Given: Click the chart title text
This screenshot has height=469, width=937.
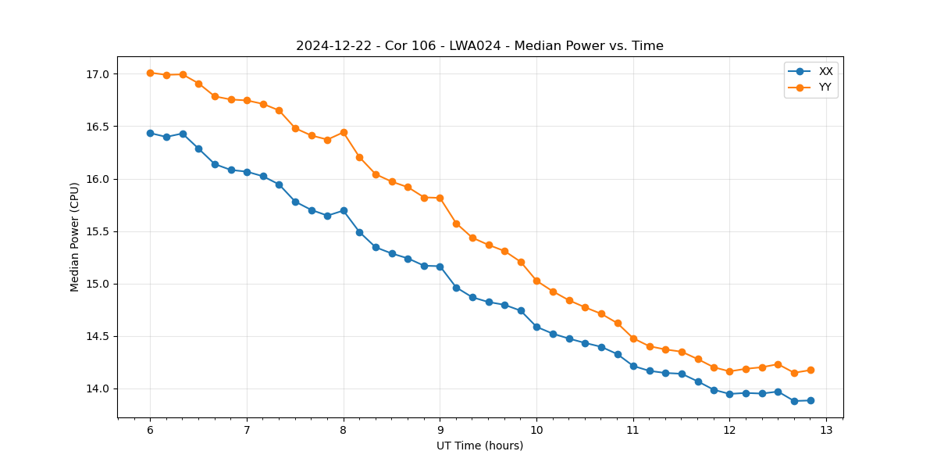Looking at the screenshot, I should [479, 46].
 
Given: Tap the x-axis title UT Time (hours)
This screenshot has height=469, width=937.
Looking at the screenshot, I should [479, 446].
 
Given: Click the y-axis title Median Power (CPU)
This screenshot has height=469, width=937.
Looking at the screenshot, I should [75, 237].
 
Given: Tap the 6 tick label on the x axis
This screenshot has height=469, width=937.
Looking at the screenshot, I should [150, 430].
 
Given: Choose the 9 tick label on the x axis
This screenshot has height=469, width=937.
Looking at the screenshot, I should [440, 430].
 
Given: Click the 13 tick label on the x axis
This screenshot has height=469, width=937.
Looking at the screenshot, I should [826, 430].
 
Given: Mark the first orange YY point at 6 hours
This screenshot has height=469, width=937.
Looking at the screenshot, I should [150, 73].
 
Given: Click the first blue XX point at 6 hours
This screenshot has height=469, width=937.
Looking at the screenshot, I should [150, 133].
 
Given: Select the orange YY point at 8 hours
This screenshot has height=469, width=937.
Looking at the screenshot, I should [344, 132].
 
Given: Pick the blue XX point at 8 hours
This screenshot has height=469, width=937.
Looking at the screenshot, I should [344, 210].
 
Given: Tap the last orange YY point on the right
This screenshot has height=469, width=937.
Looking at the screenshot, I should [811, 370].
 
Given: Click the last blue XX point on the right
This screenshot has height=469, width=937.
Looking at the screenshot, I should [811, 400].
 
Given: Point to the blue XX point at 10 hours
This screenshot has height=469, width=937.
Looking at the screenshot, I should [536, 327].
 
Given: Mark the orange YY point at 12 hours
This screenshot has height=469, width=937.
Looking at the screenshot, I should [729, 371].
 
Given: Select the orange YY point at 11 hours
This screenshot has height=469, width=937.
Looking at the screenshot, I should [633, 338].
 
